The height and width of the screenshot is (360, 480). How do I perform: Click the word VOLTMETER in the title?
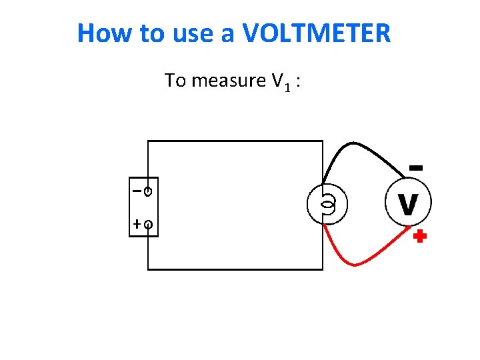317,33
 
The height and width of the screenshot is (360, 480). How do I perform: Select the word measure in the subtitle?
229,81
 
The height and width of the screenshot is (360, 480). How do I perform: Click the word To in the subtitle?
175,81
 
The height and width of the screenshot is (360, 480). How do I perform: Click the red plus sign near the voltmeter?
419,237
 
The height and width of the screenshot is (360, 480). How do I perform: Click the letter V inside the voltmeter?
408,204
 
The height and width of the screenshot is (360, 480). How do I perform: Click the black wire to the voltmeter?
360,145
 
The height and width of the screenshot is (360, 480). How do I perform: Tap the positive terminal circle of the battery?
148,225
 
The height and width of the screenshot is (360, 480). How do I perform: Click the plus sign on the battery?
137,225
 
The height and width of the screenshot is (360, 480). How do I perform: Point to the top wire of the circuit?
233,141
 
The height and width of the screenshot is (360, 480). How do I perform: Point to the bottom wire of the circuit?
233,269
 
